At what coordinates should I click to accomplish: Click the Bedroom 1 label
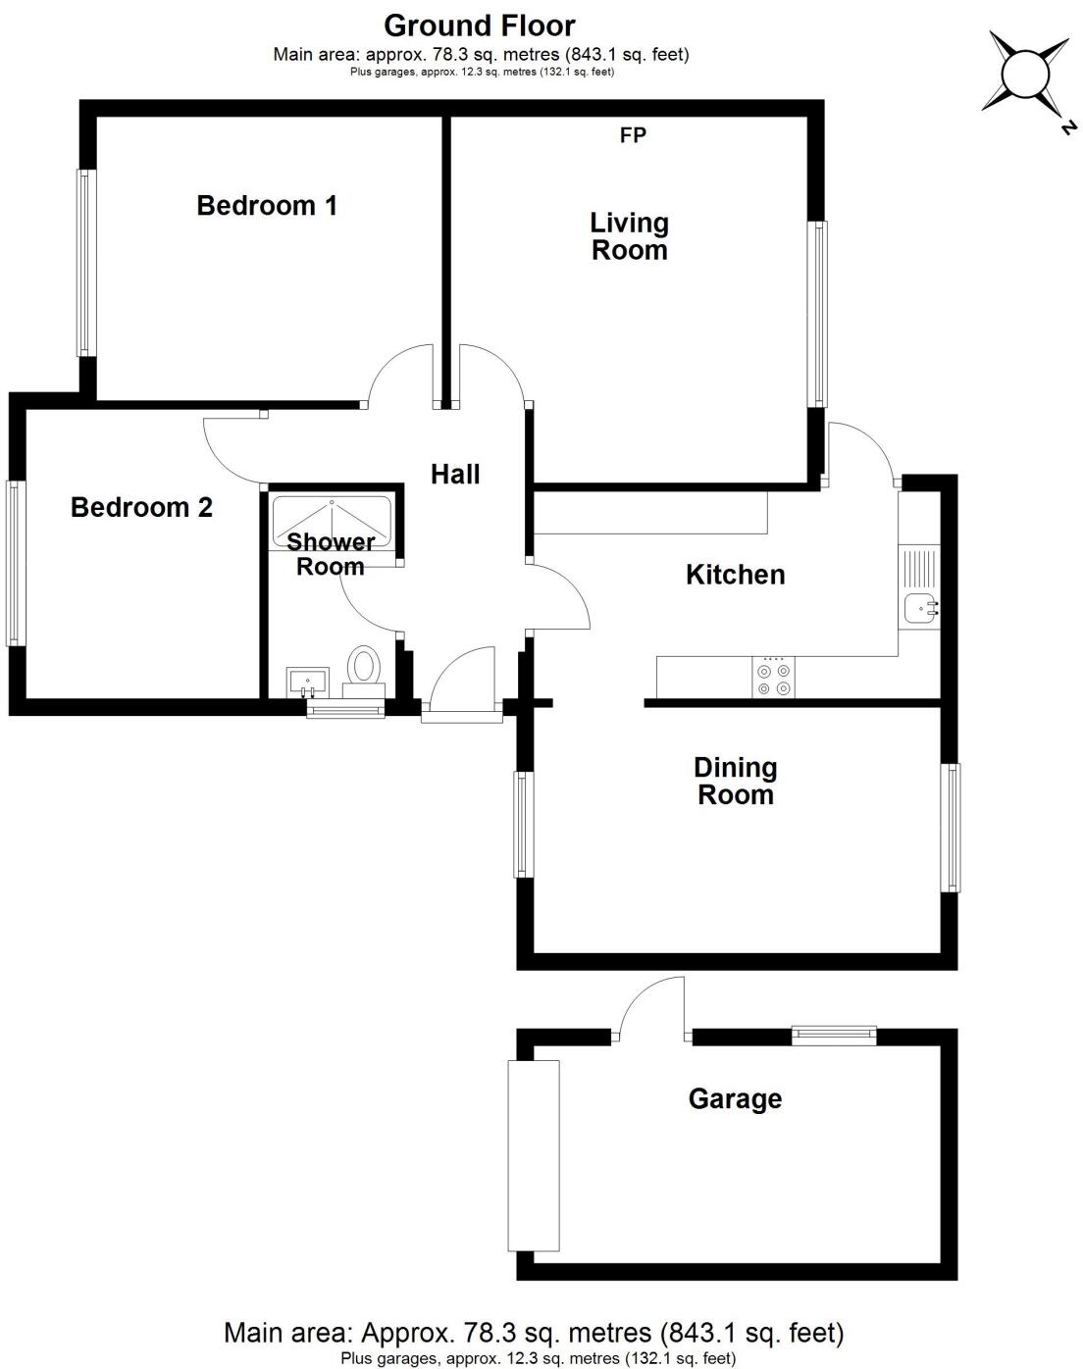[267, 205]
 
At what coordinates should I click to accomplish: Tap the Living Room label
[629, 236]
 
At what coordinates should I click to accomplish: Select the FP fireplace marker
[633, 135]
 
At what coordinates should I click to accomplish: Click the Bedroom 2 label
[141, 507]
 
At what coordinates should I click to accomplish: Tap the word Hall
[455, 475]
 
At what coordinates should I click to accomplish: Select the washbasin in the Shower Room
[307, 680]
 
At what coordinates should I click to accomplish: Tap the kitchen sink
[919, 609]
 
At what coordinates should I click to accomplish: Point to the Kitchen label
[735, 575]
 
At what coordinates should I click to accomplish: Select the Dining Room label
[735, 781]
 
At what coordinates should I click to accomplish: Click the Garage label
[735, 1099]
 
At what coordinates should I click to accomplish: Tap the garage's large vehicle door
[533, 1154]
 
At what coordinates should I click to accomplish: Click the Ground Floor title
[480, 25]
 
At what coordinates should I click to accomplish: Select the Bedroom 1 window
[86, 263]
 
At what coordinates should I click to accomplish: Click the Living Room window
[817, 313]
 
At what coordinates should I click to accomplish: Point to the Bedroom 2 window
[15, 562]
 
